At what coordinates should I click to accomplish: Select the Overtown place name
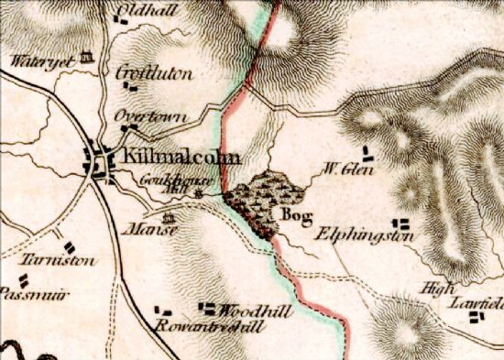(x=150, y=117)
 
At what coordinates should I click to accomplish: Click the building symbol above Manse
(x=169, y=217)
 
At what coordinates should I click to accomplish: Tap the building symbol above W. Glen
(x=367, y=149)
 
